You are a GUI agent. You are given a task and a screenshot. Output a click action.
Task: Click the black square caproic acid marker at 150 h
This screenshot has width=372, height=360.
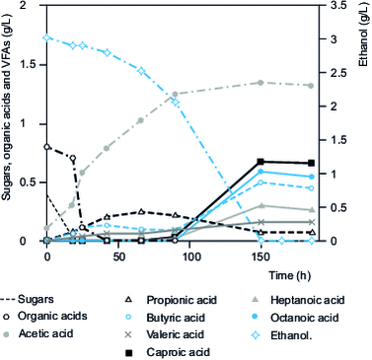click(260, 162)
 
